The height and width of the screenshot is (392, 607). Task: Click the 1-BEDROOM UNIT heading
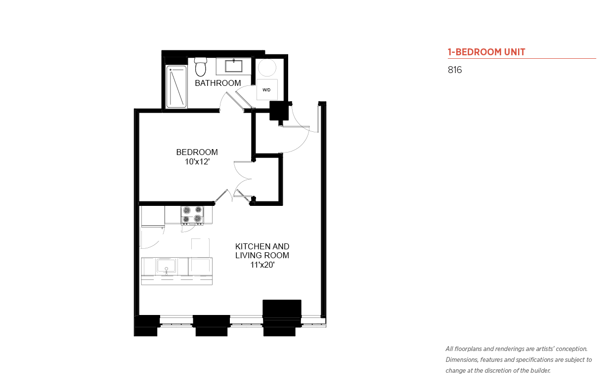486,52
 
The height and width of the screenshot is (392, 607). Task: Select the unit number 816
455,70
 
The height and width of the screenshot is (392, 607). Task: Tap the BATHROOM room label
218,83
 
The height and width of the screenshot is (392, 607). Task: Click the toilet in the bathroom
201,67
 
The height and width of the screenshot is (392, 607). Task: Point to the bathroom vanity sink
234,66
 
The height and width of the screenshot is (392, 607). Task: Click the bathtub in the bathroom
176,86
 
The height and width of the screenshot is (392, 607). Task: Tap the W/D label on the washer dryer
266,90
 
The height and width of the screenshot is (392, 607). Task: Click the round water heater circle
267,68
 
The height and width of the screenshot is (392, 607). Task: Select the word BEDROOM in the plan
197,152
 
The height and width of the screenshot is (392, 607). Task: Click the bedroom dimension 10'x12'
197,161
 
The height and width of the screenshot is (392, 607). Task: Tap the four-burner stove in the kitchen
192,215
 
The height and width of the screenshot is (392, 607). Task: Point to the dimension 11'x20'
262,265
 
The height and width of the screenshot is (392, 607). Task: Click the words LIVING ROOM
262,255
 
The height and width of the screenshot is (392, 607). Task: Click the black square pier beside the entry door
279,111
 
